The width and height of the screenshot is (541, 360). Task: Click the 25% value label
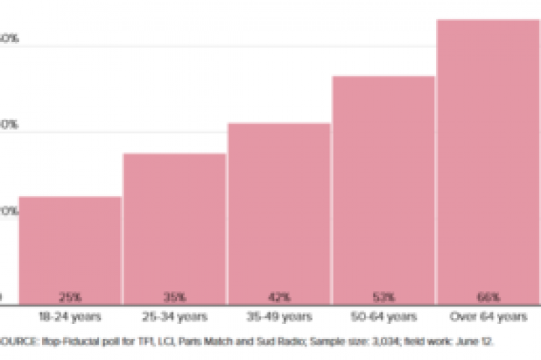69,296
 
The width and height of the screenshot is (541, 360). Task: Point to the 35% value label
174,296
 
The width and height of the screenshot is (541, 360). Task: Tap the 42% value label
279,296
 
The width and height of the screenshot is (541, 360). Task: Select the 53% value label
384,296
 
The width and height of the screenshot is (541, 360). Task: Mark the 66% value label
488,296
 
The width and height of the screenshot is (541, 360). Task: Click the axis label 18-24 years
69,317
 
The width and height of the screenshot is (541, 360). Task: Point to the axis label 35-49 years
279,317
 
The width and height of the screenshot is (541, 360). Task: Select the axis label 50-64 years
384,317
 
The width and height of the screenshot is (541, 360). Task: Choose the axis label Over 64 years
488,317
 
